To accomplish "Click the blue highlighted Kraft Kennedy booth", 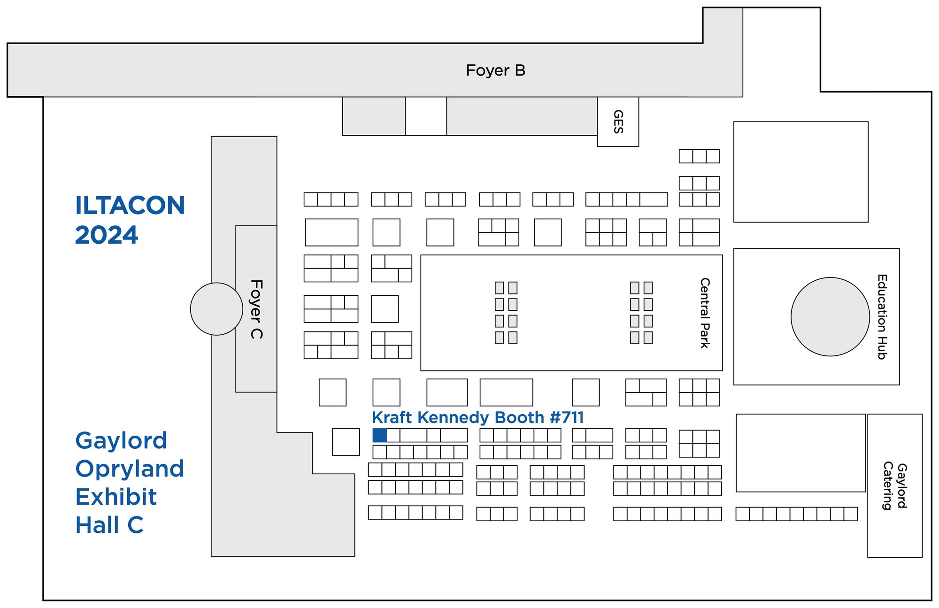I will click(379, 435).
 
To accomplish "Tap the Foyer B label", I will click(495, 70).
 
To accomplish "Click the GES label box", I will click(618, 122).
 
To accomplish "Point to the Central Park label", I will click(704, 313).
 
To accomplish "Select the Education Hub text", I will click(882, 317).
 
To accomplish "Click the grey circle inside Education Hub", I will click(830, 317).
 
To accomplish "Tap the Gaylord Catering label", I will click(894, 486).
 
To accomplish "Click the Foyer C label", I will click(256, 309).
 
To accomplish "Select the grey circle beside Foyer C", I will click(216, 309).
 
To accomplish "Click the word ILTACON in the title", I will click(130, 206).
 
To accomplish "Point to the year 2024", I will click(107, 235).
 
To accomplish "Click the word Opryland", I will click(130, 469).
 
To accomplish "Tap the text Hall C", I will click(109, 525).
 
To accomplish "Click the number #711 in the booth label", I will click(566, 417).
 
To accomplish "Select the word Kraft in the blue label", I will click(392, 417).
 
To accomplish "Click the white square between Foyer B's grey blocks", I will click(426, 116).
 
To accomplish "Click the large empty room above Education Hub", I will click(800, 172).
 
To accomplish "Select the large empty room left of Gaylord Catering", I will click(800, 453).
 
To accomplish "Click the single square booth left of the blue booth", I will click(346, 442).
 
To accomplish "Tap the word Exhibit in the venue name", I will click(116, 497).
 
